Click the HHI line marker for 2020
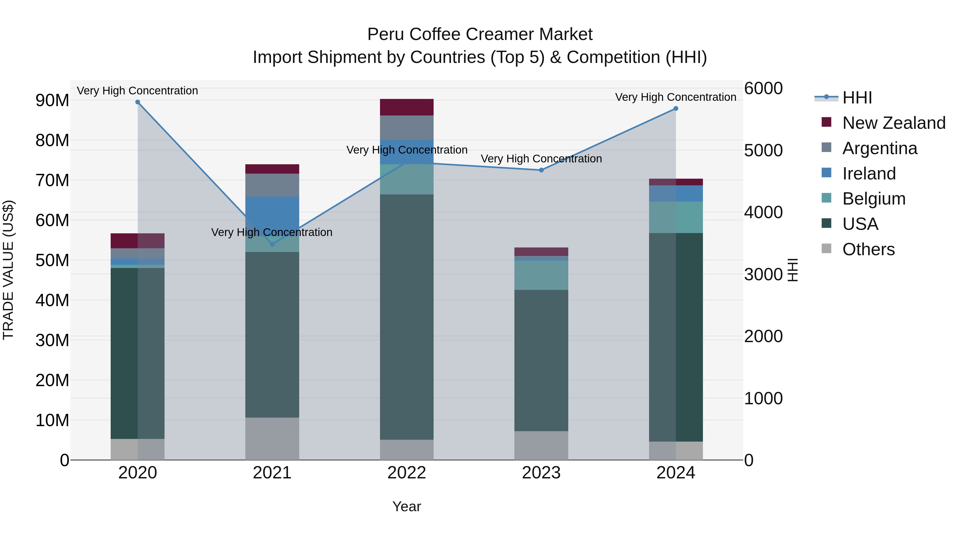click(138, 102)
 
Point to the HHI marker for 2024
click(676, 109)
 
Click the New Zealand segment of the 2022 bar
click(407, 107)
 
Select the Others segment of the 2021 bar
click(272, 439)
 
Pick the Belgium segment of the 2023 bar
click(541, 275)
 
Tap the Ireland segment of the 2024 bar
click(676, 193)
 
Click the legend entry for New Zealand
click(894, 123)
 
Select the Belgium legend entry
click(874, 199)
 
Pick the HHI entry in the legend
click(857, 98)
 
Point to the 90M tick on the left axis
click(52, 101)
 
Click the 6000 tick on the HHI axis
click(763, 89)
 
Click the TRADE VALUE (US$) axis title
click(8, 270)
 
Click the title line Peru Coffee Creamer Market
click(480, 34)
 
